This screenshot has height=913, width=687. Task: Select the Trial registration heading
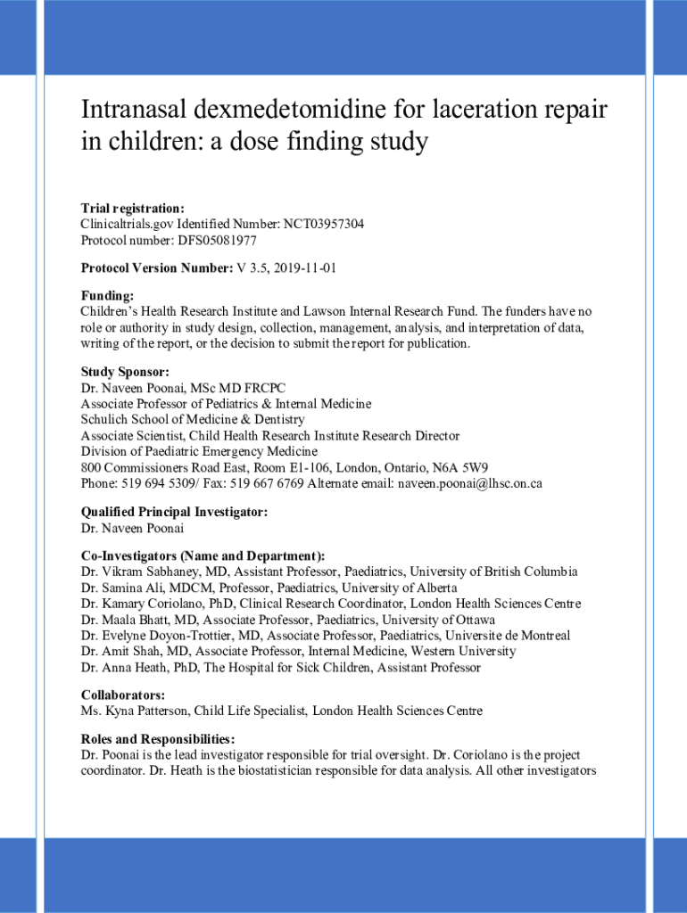133,208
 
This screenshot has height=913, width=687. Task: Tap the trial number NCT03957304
324,224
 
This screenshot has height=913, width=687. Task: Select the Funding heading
107,295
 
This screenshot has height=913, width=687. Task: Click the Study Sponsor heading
125,372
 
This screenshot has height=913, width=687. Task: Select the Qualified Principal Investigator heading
174,512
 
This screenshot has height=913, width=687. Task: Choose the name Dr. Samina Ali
126,588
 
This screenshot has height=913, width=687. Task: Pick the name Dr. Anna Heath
122,667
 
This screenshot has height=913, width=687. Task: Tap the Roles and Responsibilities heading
158,739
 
